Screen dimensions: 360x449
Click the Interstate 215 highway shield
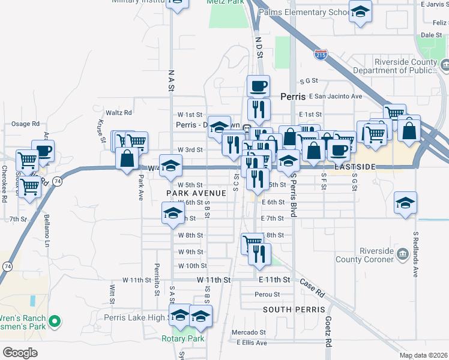[320, 55]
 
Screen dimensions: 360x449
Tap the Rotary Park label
[183, 338]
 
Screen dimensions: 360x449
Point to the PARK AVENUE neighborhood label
[196, 193]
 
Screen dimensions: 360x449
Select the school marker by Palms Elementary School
[360, 13]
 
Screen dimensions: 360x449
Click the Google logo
[20, 353]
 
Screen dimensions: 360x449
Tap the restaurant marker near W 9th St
[259, 254]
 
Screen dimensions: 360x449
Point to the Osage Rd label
[25, 124]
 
